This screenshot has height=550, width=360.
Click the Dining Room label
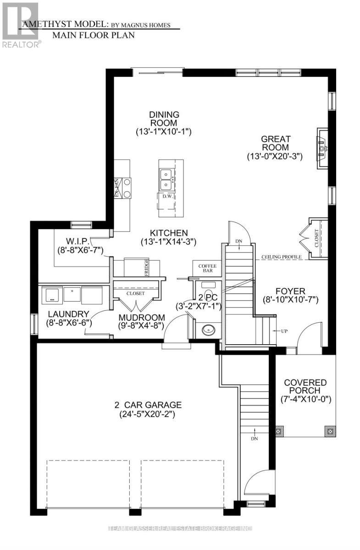(163, 119)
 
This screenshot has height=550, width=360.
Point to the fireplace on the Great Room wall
(322, 148)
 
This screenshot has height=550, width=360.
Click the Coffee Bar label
(207, 269)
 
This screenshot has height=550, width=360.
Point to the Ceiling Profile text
(281, 257)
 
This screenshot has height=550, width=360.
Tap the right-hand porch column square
(329, 431)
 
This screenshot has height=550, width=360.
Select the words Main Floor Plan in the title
(93, 35)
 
